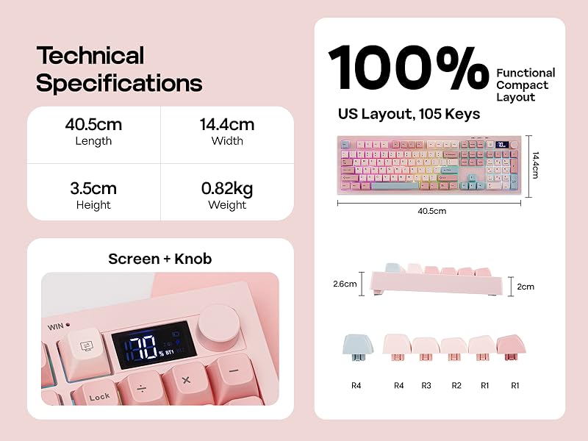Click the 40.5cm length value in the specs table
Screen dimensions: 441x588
point(93,124)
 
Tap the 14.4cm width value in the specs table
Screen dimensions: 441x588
point(227,124)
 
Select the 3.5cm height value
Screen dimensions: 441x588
point(93,188)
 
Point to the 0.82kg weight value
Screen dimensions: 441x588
point(227,188)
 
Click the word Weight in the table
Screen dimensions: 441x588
point(227,205)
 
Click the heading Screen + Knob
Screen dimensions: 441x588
point(159,259)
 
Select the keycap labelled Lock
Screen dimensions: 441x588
point(99,395)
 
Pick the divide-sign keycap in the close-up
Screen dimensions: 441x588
point(140,382)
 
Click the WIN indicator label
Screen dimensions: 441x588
point(56,326)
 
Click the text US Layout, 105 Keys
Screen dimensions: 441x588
point(409,114)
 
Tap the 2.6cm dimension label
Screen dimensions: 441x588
point(344,284)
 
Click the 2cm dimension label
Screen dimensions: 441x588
point(526,287)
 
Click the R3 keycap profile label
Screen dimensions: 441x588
point(426,385)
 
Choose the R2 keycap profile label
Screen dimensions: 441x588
point(456,385)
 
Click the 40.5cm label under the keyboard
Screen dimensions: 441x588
point(431,211)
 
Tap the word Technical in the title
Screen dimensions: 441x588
point(90,56)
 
